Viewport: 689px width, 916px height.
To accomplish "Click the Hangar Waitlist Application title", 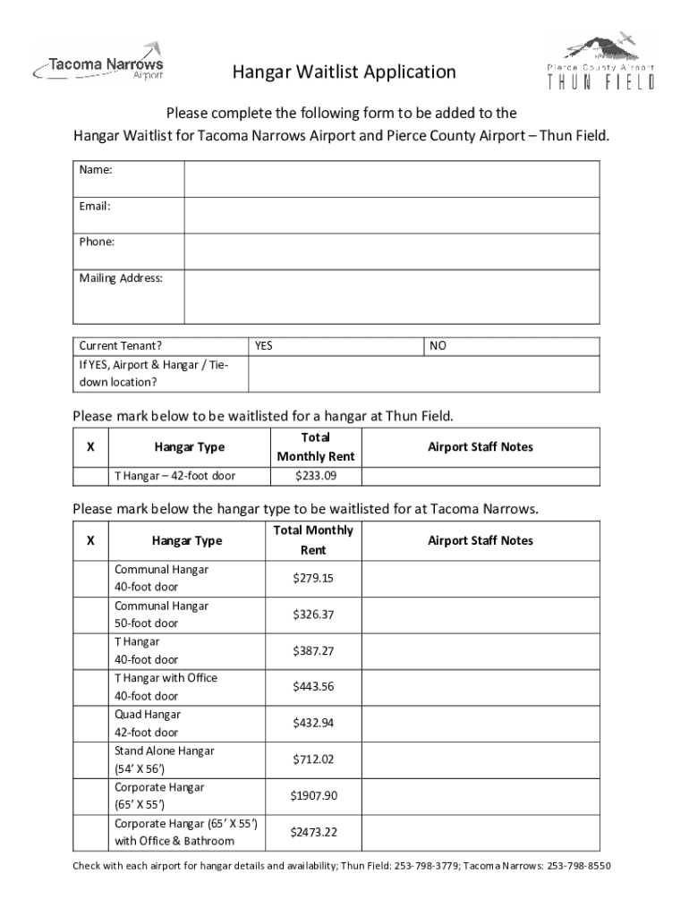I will pyautogui.click(x=344, y=72).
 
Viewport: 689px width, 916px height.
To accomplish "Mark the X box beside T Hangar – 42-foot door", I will pyautogui.click(x=89, y=475).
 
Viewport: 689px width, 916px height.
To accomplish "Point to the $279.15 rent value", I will pyautogui.click(x=313, y=578).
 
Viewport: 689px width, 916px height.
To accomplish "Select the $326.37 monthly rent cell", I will pyautogui.click(x=313, y=615).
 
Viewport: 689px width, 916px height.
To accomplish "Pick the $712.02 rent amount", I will pyautogui.click(x=313, y=759).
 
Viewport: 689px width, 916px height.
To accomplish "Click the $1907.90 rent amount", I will pyautogui.click(x=313, y=796).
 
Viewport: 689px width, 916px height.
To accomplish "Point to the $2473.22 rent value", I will pyautogui.click(x=313, y=832).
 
